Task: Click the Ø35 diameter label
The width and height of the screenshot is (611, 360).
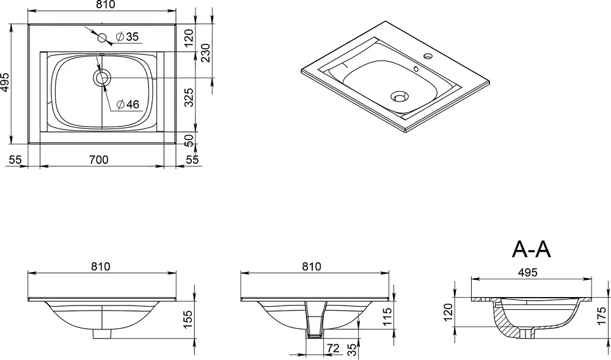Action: point(128,37)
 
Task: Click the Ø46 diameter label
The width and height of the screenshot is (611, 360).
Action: point(128,104)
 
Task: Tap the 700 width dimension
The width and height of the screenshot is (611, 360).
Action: point(98,160)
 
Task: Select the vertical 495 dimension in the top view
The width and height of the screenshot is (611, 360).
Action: point(5,82)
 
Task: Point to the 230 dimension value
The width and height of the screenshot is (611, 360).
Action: point(205,53)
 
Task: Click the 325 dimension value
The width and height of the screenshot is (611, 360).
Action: point(189,97)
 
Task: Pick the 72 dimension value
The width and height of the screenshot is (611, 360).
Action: point(333,348)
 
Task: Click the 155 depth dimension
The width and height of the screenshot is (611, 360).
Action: point(188,320)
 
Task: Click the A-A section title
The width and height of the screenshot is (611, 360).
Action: point(532,249)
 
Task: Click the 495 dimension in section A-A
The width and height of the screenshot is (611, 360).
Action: point(528,273)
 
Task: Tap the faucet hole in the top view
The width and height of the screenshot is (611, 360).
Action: point(102,38)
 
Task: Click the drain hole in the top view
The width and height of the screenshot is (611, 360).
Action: point(102,78)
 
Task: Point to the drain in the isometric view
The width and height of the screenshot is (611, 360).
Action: point(399,96)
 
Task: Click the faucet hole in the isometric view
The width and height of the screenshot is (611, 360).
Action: point(428,56)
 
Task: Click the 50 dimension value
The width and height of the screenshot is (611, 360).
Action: point(189,140)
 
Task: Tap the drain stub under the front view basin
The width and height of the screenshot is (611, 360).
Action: point(102,334)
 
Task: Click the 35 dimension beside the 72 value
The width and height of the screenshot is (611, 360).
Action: point(352,349)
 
